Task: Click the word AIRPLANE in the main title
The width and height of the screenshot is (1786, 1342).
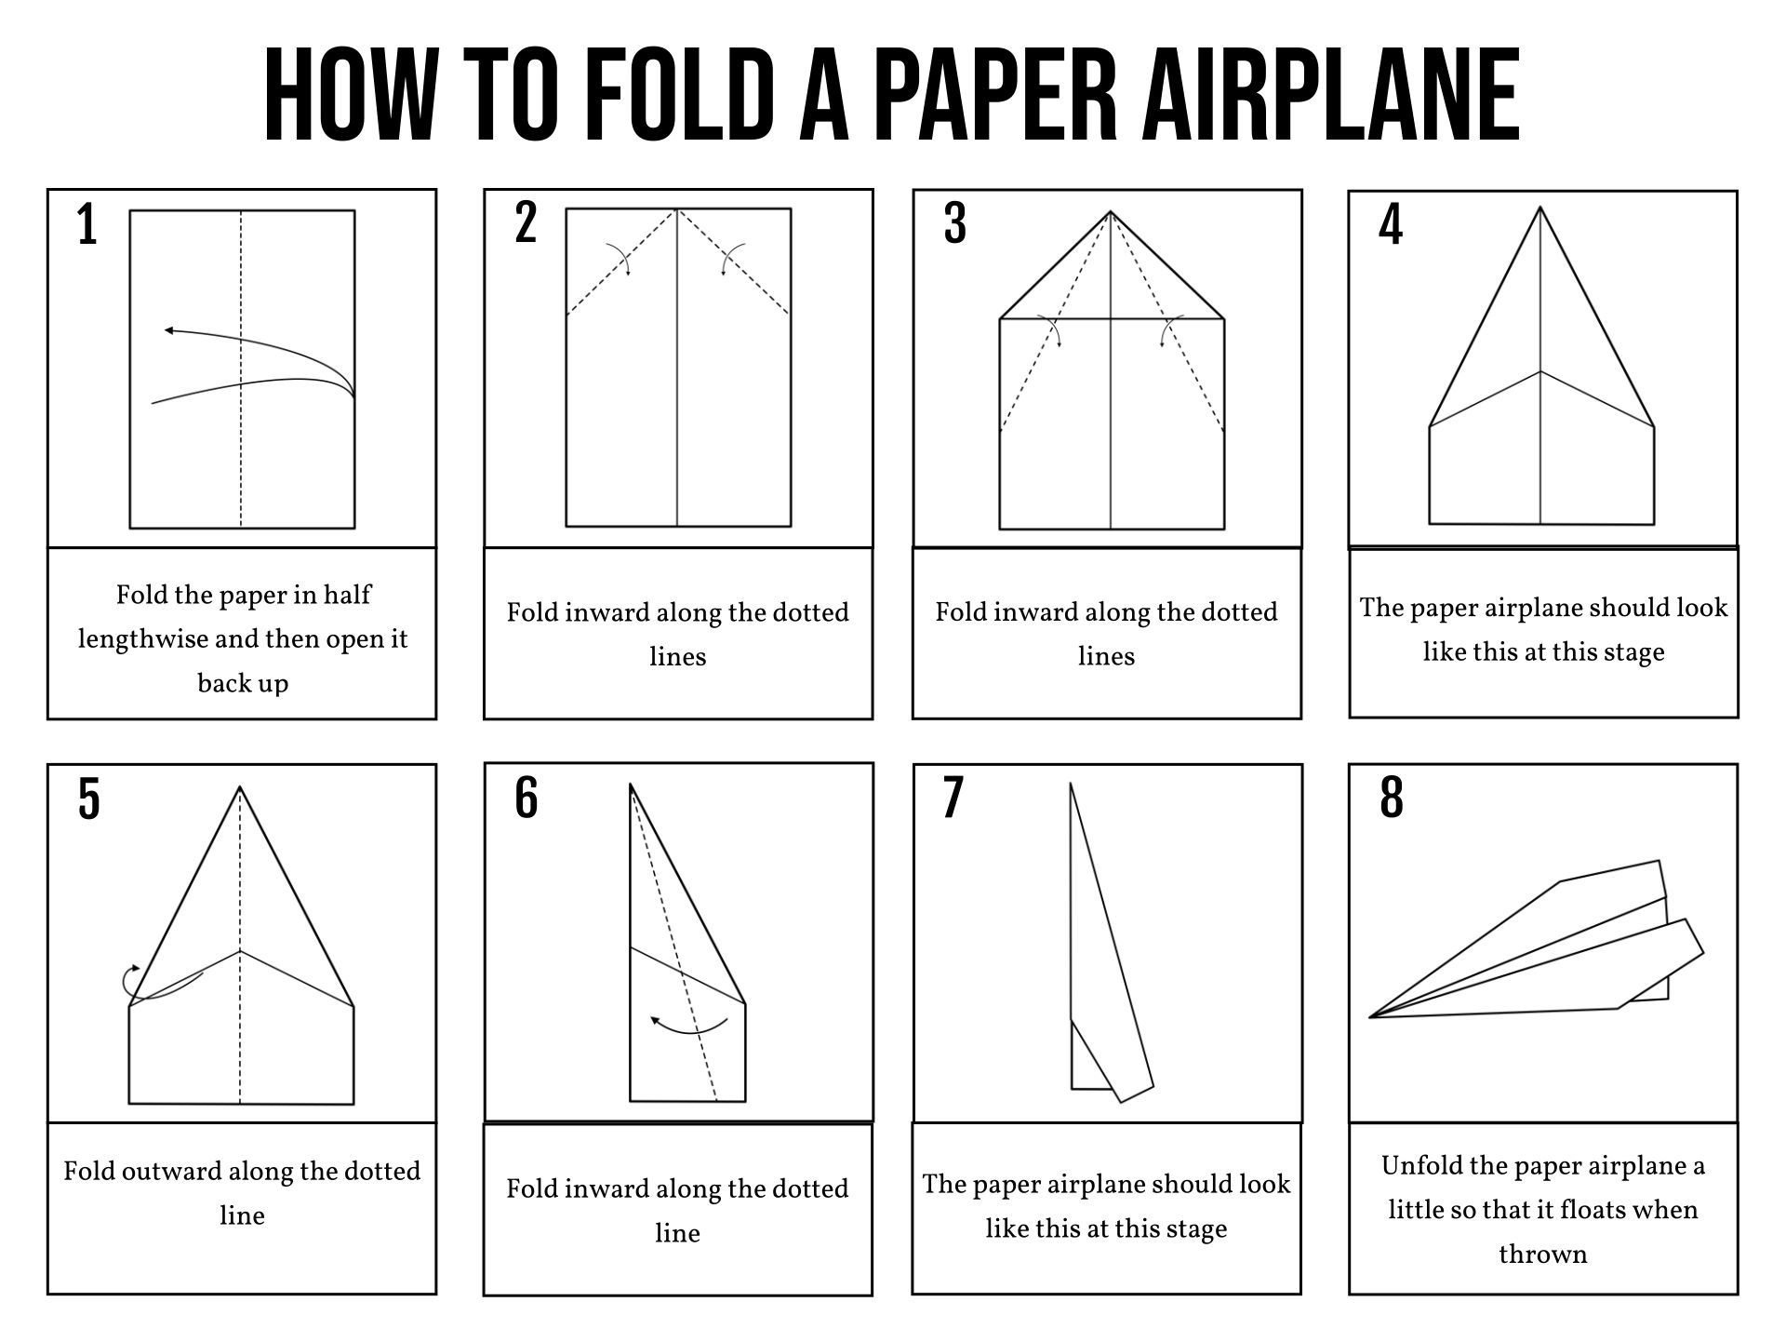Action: pyautogui.click(x=1330, y=96)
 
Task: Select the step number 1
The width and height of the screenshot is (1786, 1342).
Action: pyautogui.click(x=87, y=226)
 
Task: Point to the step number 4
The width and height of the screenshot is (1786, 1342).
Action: pyautogui.click(x=1391, y=225)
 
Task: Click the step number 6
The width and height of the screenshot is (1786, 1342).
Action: pyautogui.click(x=526, y=798)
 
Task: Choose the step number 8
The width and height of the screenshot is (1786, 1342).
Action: pyautogui.click(x=1392, y=798)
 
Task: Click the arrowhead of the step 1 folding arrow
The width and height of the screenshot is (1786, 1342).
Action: pyautogui.click(x=168, y=330)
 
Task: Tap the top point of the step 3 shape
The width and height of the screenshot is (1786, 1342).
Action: pyautogui.click(x=1111, y=213)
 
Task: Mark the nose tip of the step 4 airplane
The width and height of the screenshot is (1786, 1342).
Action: pyautogui.click(x=1540, y=208)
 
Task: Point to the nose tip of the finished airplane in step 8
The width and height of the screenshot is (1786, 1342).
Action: pyautogui.click(x=1372, y=1016)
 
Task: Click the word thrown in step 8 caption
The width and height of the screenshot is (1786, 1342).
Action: pyautogui.click(x=1542, y=1255)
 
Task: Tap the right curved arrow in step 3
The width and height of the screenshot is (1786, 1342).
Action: pyautogui.click(x=1168, y=331)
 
